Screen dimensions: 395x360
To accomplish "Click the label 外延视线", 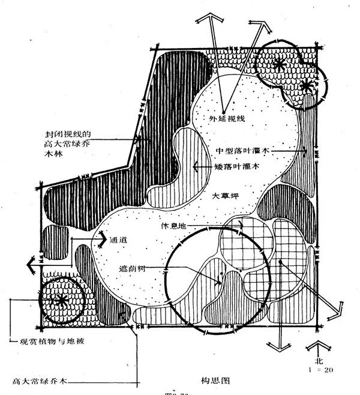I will [x=227, y=119].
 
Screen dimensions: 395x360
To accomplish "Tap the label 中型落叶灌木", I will [x=241, y=149].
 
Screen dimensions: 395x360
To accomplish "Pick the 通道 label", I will [x=119, y=240].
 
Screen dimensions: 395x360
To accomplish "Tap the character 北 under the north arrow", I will [x=319, y=362].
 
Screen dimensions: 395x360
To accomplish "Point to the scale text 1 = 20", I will [x=319, y=371].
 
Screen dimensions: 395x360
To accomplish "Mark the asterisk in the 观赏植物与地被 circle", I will [x=61, y=300].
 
